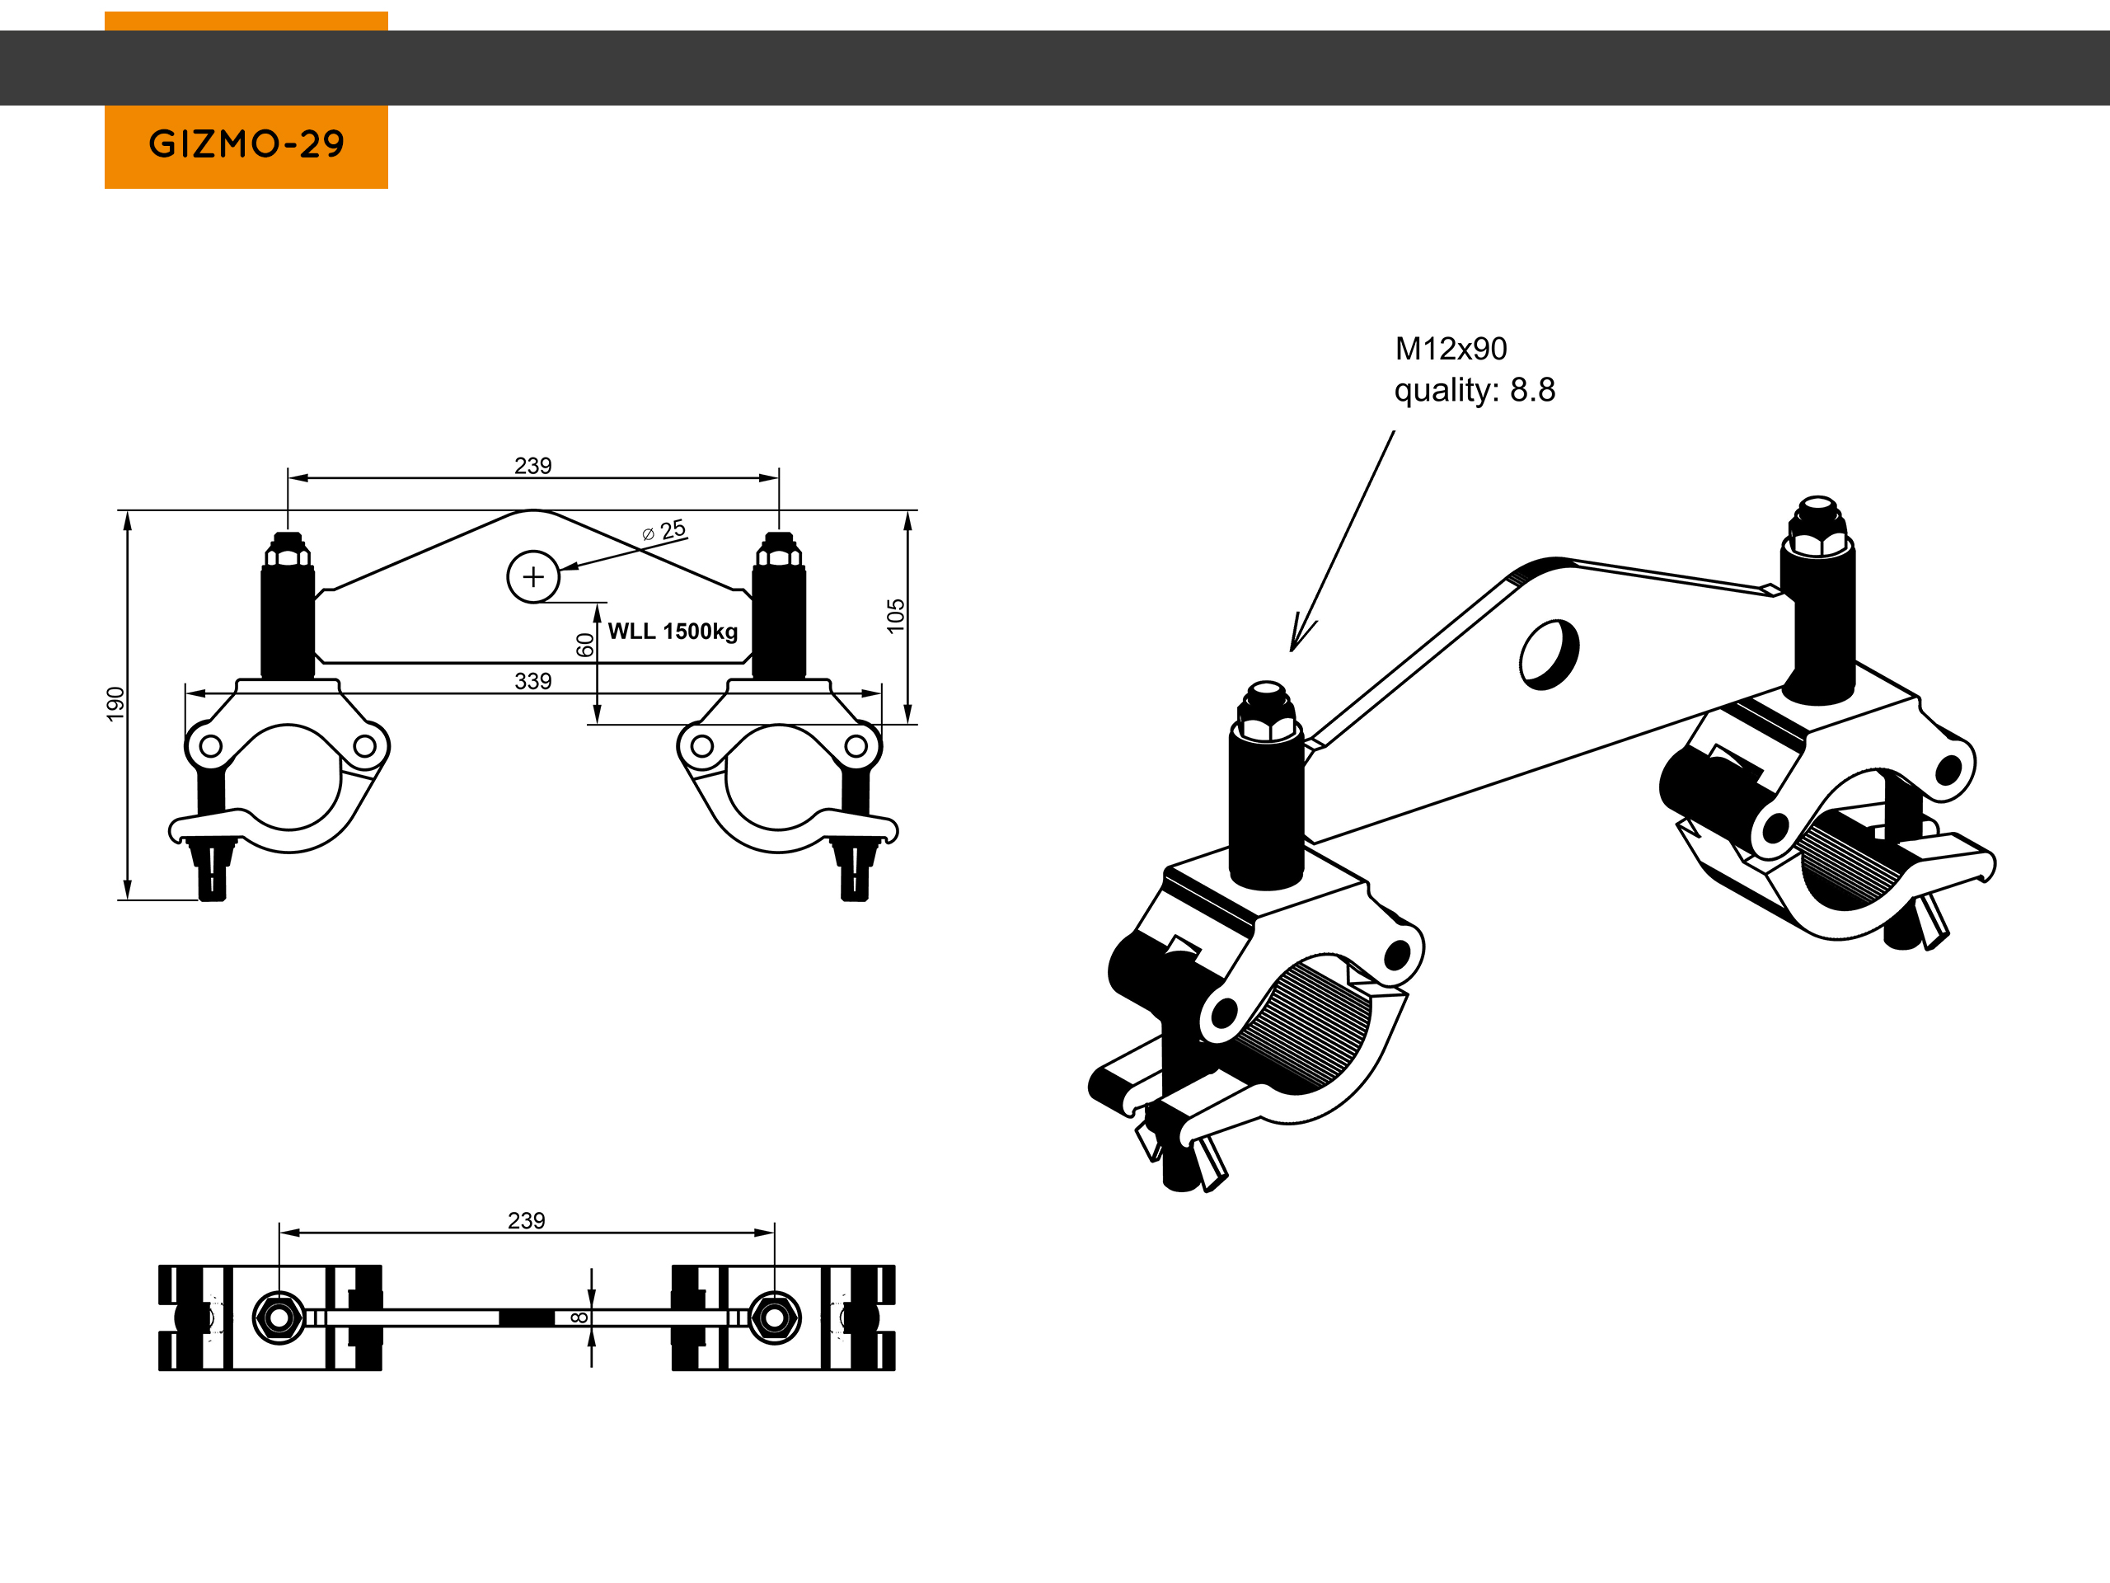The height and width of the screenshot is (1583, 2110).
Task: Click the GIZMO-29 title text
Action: pyautogui.click(x=246, y=144)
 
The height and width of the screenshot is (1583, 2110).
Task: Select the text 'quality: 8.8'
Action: pyautogui.click(x=1474, y=390)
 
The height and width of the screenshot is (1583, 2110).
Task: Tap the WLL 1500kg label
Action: pyautogui.click(x=673, y=632)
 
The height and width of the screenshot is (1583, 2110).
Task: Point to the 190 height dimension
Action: pyautogui.click(x=115, y=703)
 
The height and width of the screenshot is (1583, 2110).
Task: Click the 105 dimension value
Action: pyautogui.click(x=895, y=615)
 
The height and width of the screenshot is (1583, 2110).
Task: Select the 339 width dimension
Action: pyautogui.click(x=532, y=681)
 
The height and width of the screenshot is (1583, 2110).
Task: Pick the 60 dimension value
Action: pyautogui.click(x=584, y=645)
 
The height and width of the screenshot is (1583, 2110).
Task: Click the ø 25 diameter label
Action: pyautogui.click(x=665, y=529)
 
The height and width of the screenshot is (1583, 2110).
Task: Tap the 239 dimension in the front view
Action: pyautogui.click(x=532, y=466)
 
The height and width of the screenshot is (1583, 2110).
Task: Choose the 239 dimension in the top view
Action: pyautogui.click(x=526, y=1220)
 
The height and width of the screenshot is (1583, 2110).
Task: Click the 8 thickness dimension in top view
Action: pyautogui.click(x=579, y=1318)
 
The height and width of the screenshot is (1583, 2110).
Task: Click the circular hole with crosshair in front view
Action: pyautogui.click(x=532, y=576)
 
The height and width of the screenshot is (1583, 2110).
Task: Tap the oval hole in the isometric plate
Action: pyautogui.click(x=1548, y=654)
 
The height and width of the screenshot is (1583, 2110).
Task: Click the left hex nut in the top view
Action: pyautogui.click(x=279, y=1318)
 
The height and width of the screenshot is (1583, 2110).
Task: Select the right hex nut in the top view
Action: pyautogui.click(x=774, y=1318)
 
